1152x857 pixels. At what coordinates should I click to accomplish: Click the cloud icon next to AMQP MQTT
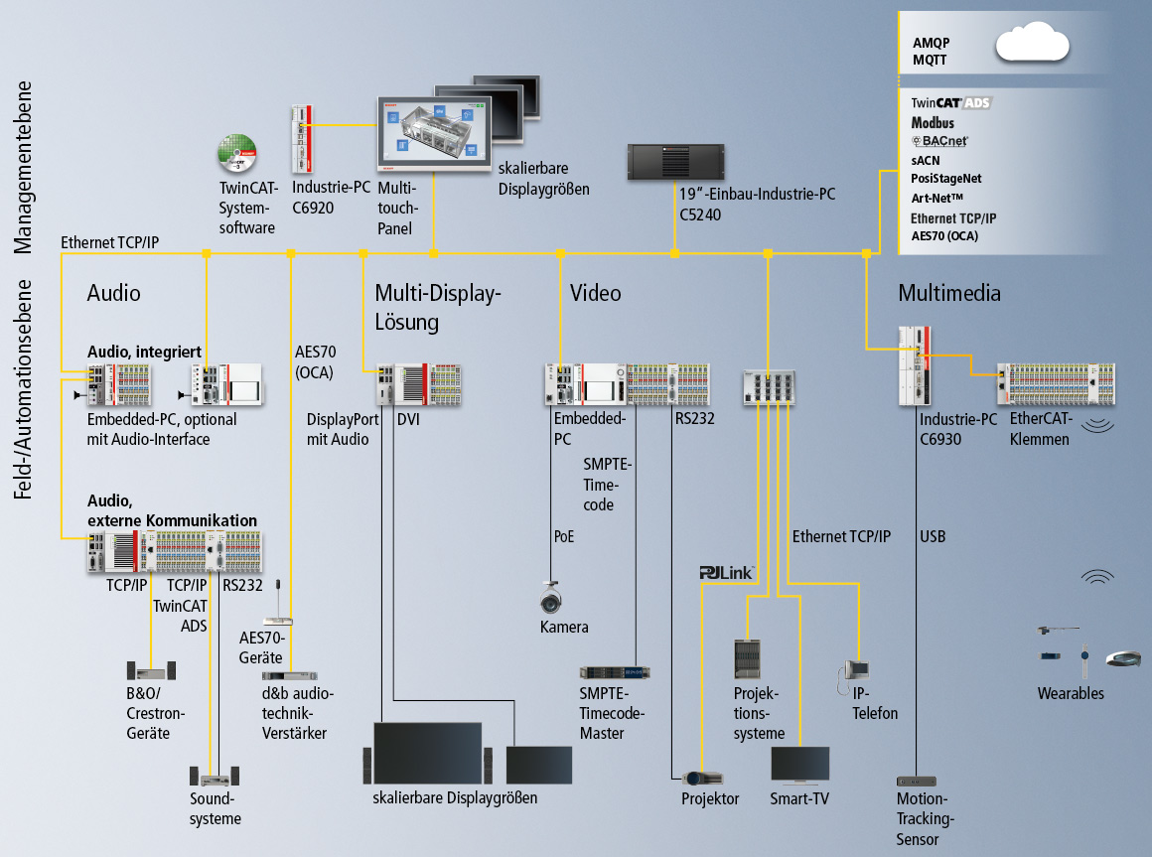pos(1032,45)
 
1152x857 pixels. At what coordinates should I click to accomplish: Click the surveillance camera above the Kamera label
pos(551,598)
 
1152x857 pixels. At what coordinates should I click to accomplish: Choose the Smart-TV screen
pos(800,766)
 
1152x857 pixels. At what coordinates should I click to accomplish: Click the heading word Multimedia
pos(948,293)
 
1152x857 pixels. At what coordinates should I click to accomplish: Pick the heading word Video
pos(595,293)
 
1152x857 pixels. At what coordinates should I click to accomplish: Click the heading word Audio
pos(114,293)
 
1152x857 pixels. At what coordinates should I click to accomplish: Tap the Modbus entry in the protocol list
pos(933,122)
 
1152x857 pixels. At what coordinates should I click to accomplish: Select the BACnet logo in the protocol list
pos(938,141)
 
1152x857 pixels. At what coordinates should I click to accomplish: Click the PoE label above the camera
pos(563,537)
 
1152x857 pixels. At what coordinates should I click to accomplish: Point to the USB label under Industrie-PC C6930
pos(933,537)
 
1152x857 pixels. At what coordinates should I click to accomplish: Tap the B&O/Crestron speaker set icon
pos(151,671)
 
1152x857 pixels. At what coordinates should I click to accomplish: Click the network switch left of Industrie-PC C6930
pos(769,387)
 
